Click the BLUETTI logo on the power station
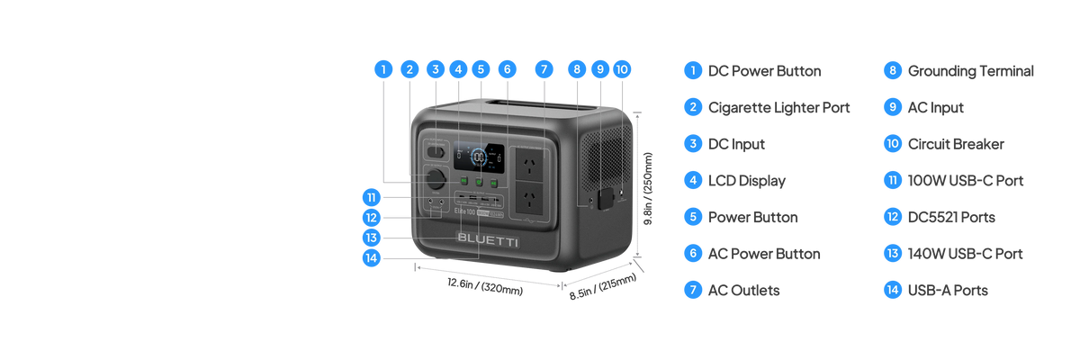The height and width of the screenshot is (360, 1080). point(485,238)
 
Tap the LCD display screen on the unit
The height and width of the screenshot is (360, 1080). point(479,157)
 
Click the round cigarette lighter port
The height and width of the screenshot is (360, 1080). point(436,178)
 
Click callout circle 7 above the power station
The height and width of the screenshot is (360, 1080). point(542,68)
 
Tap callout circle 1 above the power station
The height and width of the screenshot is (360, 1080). point(384,68)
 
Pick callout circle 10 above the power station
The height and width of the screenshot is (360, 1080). point(622,68)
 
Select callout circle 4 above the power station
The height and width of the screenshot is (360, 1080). point(458,68)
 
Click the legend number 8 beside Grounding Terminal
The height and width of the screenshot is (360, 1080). point(892,70)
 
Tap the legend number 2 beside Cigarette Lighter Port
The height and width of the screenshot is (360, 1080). point(692,107)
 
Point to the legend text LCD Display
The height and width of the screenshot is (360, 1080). point(747,181)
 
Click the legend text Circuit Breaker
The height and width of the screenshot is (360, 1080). point(956,144)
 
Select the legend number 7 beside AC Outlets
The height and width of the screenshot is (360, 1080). point(692,291)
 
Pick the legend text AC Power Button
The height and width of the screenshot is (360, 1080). point(764,254)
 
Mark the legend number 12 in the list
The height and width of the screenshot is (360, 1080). point(892,217)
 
